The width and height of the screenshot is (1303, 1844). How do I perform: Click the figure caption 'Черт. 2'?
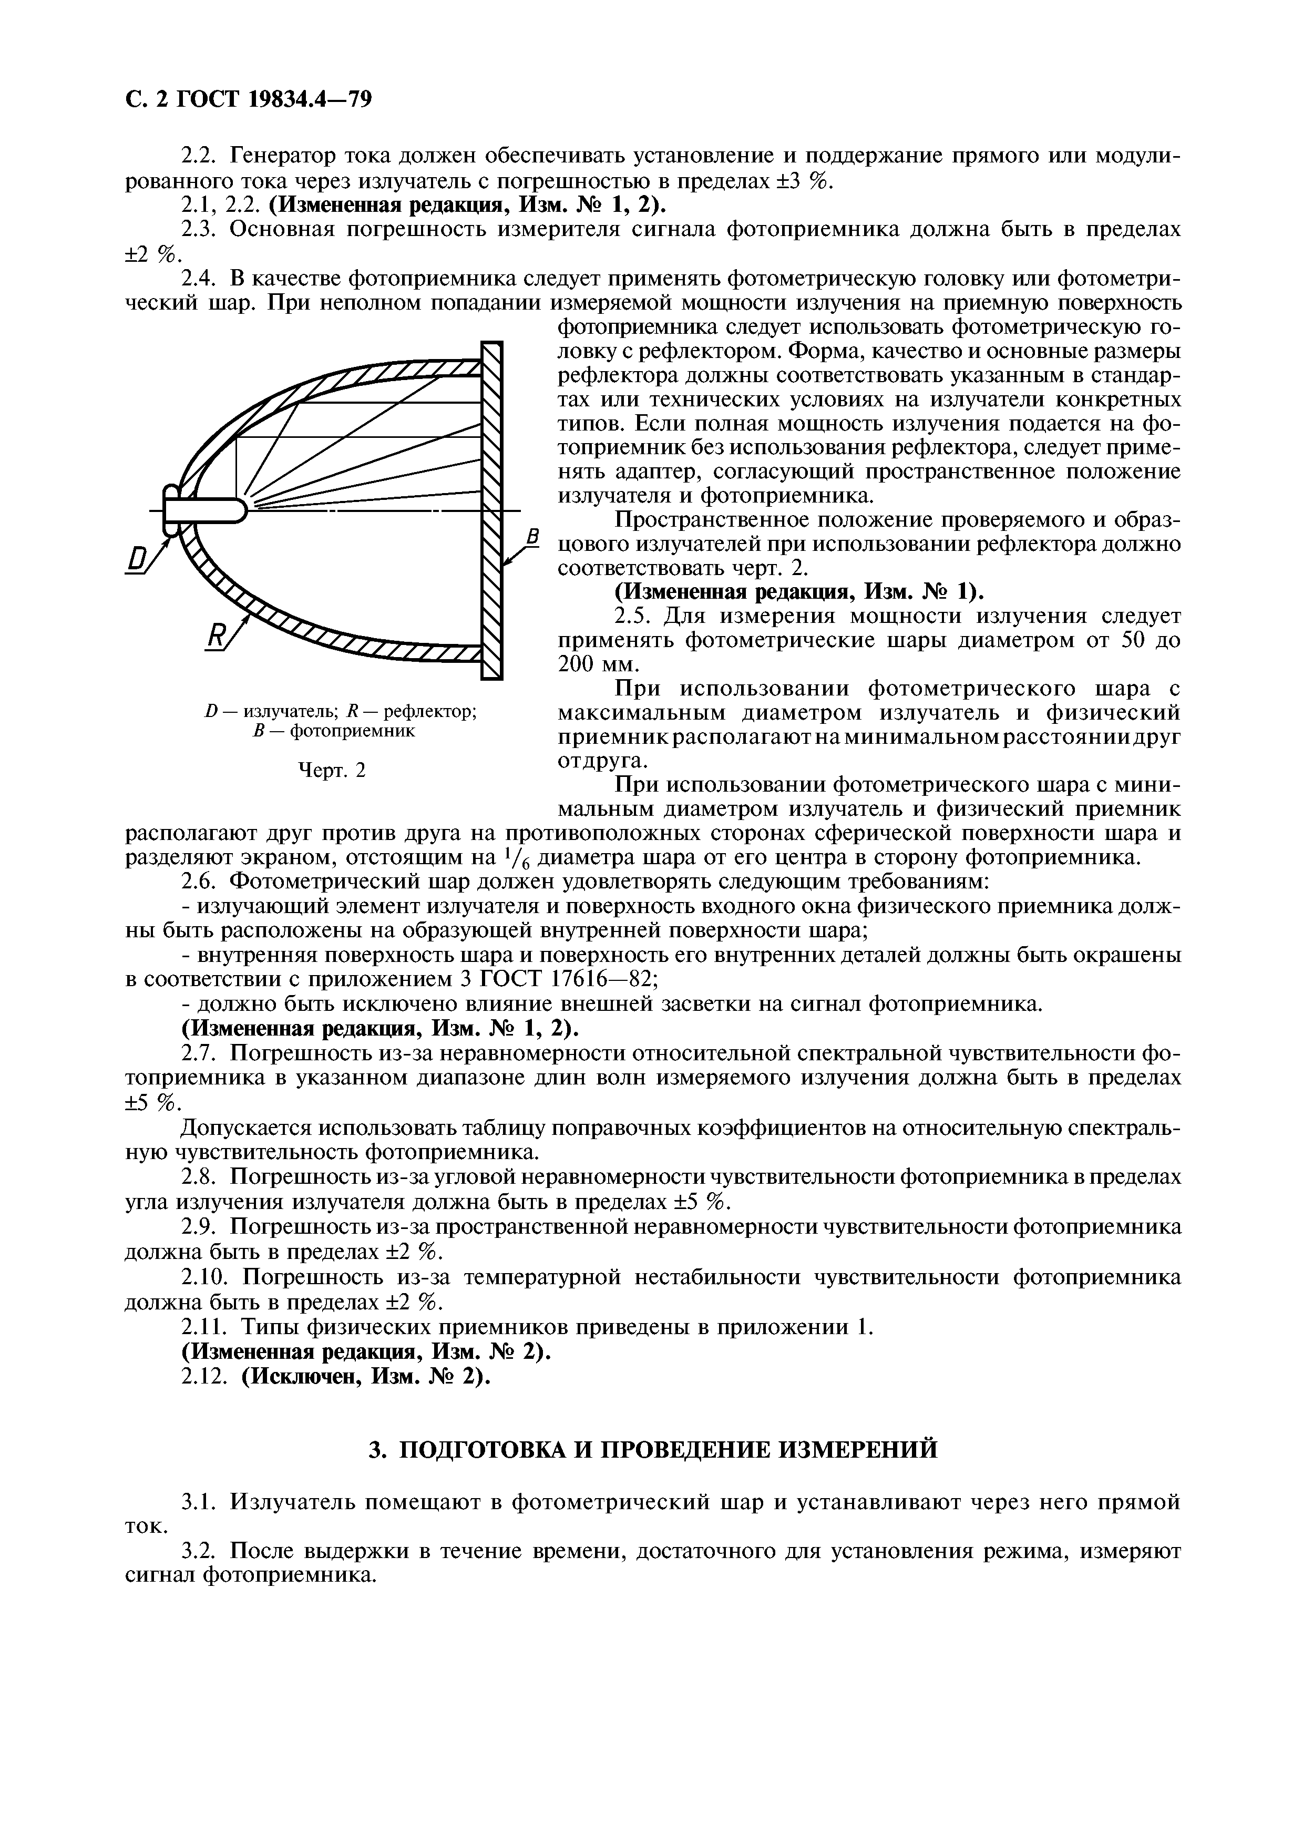(x=332, y=770)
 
